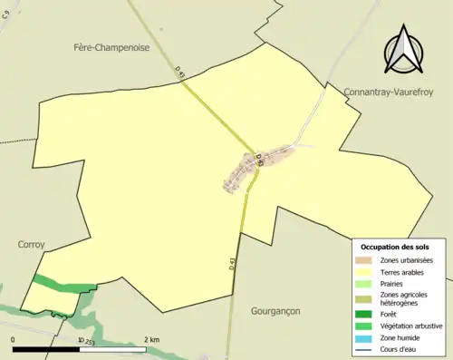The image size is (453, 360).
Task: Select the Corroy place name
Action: click(31, 244)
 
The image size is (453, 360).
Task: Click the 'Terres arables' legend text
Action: click(405, 271)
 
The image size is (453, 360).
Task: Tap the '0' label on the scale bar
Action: click(14, 340)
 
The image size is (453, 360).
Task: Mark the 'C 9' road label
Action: click(6, 14)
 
